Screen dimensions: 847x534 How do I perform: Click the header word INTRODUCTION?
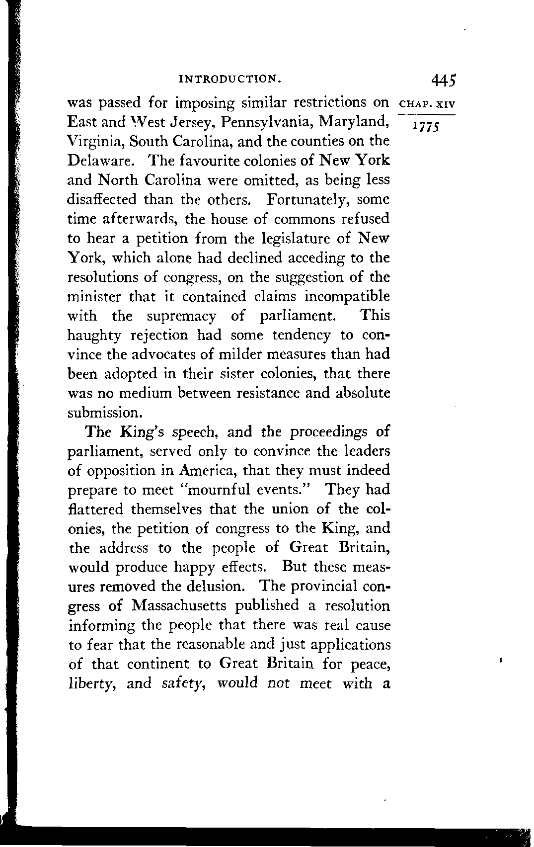point(230,79)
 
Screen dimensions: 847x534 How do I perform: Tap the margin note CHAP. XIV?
point(427,105)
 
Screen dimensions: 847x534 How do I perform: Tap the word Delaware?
point(99,161)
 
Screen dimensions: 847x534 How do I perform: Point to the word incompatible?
point(347,297)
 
